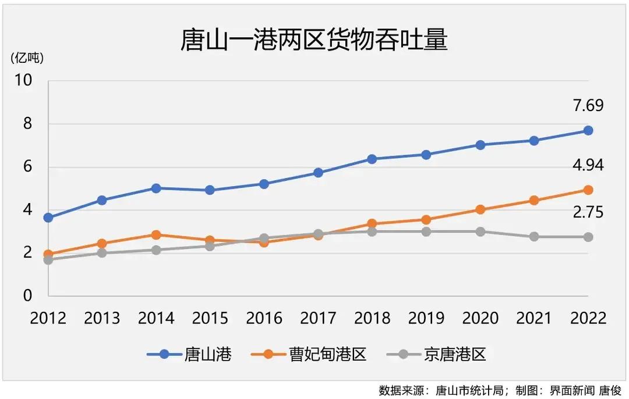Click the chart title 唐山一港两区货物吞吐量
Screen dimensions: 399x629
point(314,41)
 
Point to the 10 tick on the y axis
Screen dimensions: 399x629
point(24,81)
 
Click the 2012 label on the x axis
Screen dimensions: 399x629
point(48,318)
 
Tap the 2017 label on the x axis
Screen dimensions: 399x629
point(318,318)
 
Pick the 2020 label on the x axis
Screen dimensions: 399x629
point(480,318)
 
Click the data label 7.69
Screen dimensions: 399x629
point(588,106)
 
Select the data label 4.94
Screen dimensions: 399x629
point(588,166)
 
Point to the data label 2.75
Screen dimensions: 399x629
point(588,213)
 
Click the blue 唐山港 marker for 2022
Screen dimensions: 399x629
point(588,130)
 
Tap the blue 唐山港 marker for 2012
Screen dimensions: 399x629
point(48,218)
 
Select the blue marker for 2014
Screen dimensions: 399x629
point(156,188)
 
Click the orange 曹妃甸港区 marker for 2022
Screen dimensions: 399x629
point(588,190)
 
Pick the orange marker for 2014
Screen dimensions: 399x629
point(156,235)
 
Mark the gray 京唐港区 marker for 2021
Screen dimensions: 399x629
point(534,237)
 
